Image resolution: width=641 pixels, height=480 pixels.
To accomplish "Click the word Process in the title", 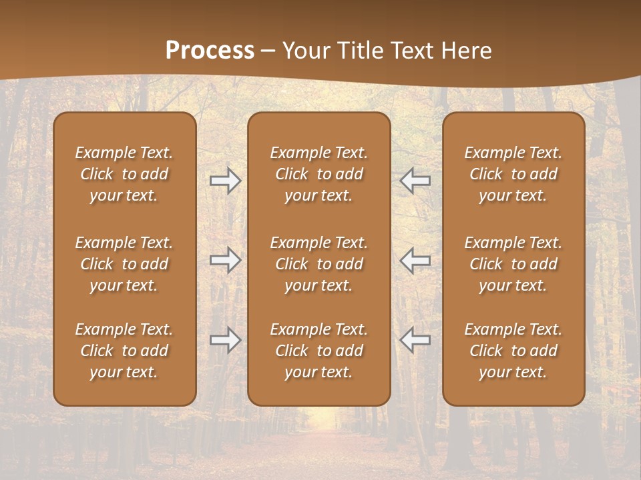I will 210,51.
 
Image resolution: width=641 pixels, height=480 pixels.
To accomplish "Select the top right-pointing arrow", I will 226,181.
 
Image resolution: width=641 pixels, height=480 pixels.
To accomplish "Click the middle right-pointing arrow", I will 226,260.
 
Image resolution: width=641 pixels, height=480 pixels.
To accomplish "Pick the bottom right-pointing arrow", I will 226,340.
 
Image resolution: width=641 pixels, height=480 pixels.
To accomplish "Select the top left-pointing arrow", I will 415,181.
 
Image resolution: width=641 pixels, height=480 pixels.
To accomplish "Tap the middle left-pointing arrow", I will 415,260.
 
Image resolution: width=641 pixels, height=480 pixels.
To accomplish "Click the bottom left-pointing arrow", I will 415,340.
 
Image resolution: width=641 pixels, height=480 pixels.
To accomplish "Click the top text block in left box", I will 124,174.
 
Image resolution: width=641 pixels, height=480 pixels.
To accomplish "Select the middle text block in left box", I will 124,264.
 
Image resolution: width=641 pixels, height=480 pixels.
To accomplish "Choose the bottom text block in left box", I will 124,351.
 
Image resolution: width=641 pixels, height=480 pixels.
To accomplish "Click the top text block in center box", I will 318,174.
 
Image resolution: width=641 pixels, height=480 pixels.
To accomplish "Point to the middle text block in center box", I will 318,264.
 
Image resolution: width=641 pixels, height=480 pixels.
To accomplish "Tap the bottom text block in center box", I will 318,351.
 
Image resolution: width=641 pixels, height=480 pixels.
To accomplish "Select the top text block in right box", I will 513,174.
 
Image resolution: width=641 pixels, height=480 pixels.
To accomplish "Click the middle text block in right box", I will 513,264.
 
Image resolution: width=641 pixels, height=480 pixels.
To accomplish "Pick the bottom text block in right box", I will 513,351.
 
